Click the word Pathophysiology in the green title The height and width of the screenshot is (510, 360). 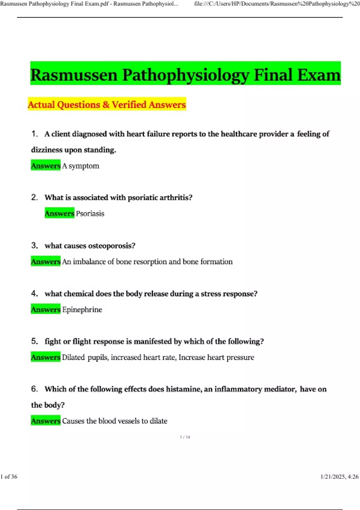coord(186,75)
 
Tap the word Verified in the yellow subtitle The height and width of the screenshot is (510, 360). coord(129,105)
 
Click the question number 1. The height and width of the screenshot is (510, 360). coord(34,134)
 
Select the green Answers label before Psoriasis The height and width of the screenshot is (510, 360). coord(59,213)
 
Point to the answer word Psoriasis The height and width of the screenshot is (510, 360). coord(90,214)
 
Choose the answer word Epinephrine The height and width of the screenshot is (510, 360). coord(82,310)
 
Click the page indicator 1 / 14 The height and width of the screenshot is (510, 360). coord(185,437)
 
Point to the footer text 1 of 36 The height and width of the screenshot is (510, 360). coord(9,476)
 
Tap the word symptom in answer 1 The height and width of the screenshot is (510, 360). coord(84,166)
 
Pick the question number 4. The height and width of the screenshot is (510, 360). coord(34,293)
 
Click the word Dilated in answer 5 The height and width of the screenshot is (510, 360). coord(73,357)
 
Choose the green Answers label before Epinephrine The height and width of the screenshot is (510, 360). coord(46,309)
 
